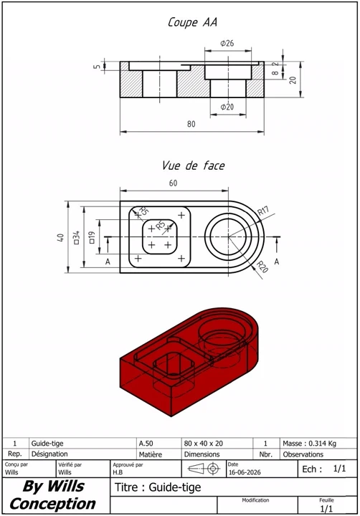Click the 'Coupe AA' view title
[x=192, y=22]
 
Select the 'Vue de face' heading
[x=194, y=166]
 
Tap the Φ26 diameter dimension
[x=227, y=43]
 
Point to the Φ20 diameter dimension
[x=227, y=107]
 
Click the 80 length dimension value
[x=191, y=124]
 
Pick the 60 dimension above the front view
[x=174, y=183]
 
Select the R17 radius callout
[x=263, y=211]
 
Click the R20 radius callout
[x=262, y=267]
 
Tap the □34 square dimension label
[x=76, y=237]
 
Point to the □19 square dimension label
[x=92, y=237]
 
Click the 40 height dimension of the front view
[x=60, y=237]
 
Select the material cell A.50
[x=146, y=444]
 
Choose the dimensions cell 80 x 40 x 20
[x=203, y=444]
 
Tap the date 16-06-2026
[x=245, y=472]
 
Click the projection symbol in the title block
[x=204, y=468]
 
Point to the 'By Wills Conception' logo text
[x=52, y=495]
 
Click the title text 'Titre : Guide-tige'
[x=158, y=487]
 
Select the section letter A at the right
[x=277, y=262]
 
